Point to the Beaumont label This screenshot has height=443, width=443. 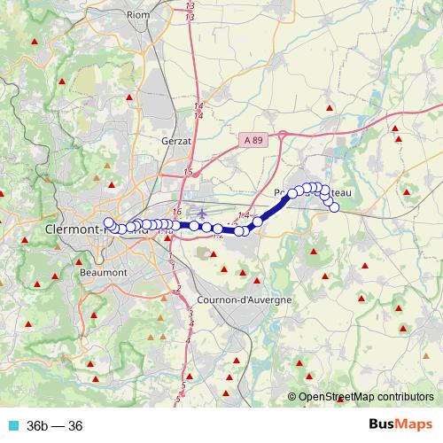click(104, 272)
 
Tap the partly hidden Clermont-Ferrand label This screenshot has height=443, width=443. click(75, 229)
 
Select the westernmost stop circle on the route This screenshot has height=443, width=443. click(109, 222)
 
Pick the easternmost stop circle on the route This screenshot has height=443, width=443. click(334, 207)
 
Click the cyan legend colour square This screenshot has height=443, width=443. click(12, 424)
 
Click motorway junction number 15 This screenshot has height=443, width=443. click(188, 172)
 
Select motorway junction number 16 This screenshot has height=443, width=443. click(178, 212)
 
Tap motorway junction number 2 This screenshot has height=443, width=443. click(179, 289)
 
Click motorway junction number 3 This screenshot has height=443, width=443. click(190, 313)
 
